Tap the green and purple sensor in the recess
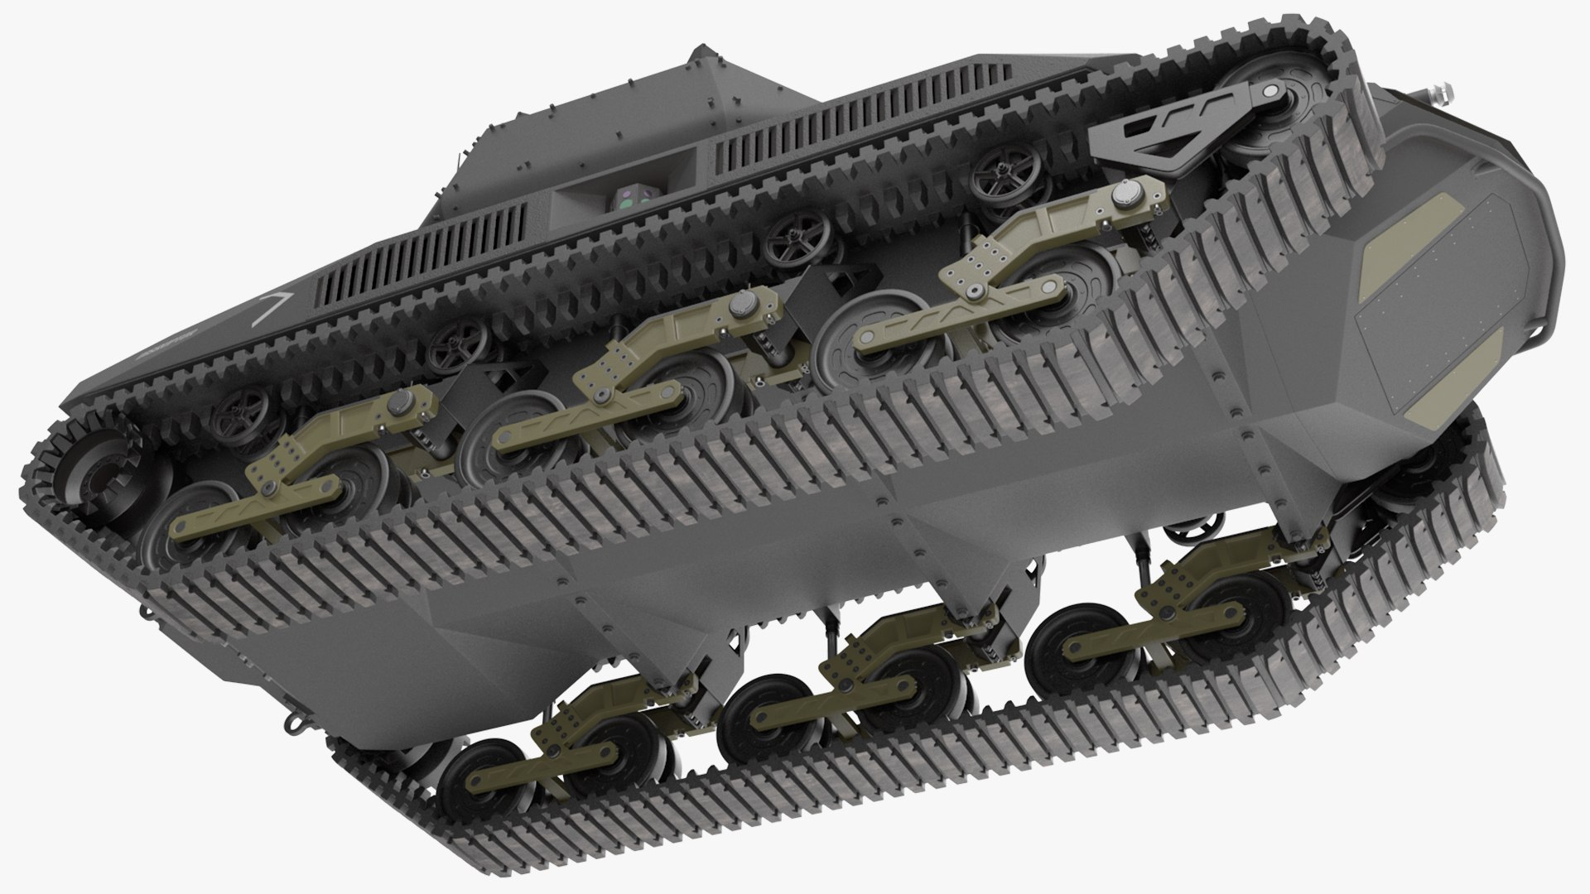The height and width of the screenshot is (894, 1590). pos(631,197)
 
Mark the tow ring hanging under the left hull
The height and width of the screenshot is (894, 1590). pos(292,723)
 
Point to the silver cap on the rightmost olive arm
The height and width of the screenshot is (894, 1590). pos(1123,195)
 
